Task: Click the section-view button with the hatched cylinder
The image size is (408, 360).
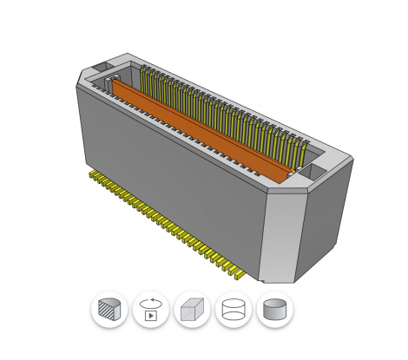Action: tap(109, 309)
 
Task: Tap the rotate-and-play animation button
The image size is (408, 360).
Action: tap(151, 309)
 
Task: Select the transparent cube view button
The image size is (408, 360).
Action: tap(192, 309)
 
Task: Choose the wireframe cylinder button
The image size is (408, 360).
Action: tap(234, 309)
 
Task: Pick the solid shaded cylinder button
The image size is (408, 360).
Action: tap(275, 309)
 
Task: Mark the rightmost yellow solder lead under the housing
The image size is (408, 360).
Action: tap(260, 275)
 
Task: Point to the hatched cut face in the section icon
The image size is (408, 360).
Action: tap(107, 309)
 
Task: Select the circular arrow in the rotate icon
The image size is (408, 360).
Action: tap(151, 301)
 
